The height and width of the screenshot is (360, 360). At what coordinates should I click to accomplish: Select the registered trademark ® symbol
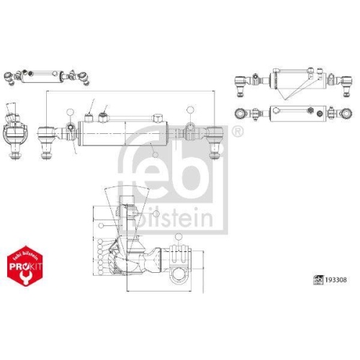coord(238,130)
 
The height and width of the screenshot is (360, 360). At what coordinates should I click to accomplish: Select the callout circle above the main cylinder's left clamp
coord(69,112)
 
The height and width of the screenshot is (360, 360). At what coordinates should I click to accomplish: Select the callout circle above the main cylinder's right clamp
coord(189,109)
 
